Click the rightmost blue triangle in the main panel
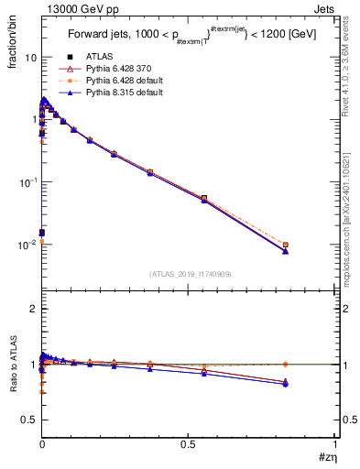286,251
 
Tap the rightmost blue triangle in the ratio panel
286,384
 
